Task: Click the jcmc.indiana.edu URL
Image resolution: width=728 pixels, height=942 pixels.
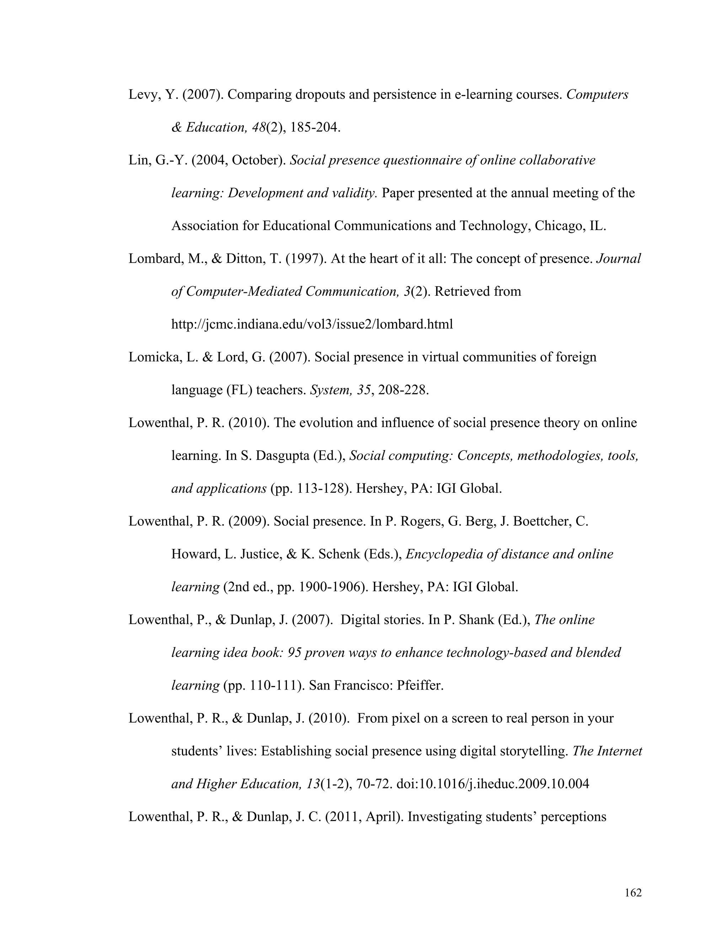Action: [312, 324]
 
